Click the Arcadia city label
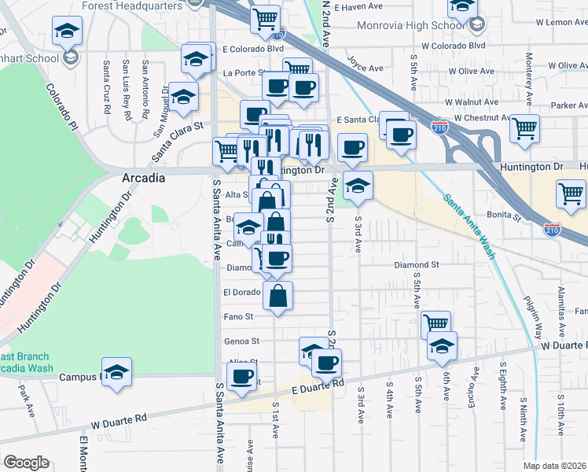tap(144, 178)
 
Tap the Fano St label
tap(238, 317)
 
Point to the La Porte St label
tap(242, 73)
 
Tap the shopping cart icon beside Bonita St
tap(570, 194)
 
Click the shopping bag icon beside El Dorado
tap(278, 296)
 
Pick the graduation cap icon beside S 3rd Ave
tap(358, 185)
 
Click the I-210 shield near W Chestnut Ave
tap(440, 127)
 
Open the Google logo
tap(26, 463)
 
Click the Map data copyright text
tap(555, 466)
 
